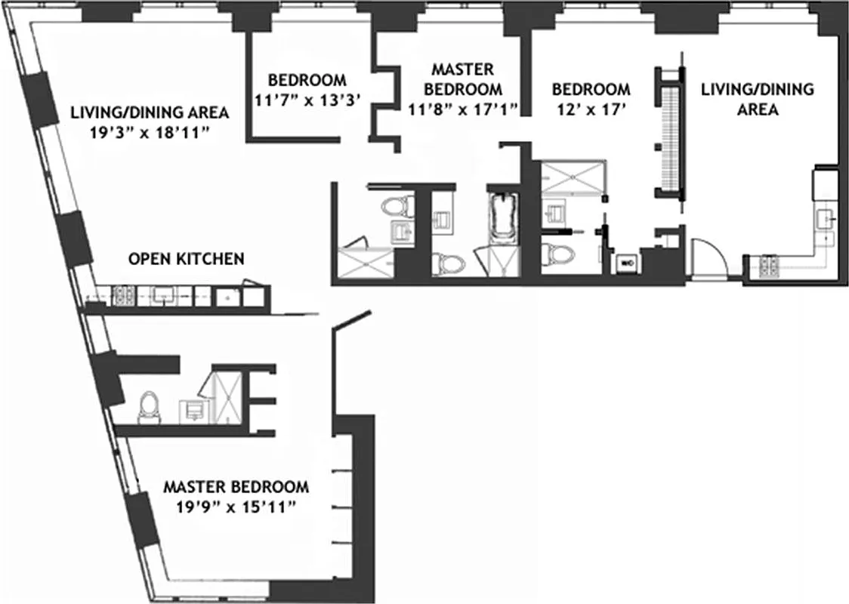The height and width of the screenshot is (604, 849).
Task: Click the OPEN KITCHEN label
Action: [x=186, y=259]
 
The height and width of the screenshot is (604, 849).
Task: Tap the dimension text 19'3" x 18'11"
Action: [x=150, y=134]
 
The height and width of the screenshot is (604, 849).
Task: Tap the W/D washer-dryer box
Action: [x=626, y=263]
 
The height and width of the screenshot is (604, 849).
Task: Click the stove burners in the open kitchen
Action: [x=122, y=296]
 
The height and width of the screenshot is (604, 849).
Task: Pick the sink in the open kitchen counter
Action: [x=164, y=296]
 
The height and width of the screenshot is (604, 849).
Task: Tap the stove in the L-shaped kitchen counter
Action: [x=770, y=263]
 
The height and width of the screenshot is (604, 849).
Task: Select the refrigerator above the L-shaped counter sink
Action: [x=824, y=184]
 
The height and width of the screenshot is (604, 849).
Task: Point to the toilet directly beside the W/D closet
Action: [x=557, y=254]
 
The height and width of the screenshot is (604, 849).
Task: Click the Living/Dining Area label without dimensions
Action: [x=757, y=99]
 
